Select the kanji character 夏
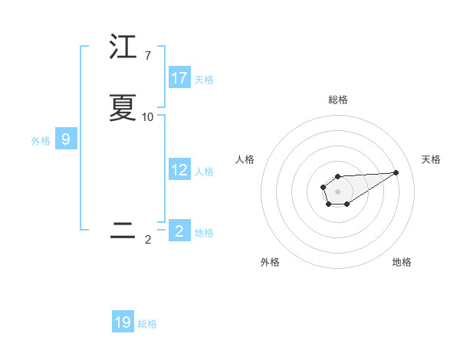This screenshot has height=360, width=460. coord(123,108)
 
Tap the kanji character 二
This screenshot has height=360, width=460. coord(123,231)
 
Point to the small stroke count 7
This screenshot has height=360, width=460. coord(148,56)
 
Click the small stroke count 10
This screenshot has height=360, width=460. coord(148,117)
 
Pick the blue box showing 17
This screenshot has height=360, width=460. coord(179,78)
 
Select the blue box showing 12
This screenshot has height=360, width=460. coord(179,170)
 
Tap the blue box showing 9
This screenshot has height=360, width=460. coord(66,139)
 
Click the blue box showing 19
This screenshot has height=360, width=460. coord(123,322)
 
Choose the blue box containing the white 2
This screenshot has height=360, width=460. coord(179,231)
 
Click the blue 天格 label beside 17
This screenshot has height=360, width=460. coord(204,80)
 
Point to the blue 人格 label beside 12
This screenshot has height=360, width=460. coord(204,172)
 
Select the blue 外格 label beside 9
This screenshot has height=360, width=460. coord(41,141)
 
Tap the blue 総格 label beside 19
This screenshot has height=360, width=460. coord(147,324)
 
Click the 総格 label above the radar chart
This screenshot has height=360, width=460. coord(337,100)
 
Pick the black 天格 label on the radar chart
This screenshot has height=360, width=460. coord(431,159)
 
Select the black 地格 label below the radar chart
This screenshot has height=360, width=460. coord(402,262)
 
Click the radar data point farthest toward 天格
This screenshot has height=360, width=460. coord(396,172)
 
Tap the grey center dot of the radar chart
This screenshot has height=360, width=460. coord(337,191)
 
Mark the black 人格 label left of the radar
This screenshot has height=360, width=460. coord(245,159)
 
